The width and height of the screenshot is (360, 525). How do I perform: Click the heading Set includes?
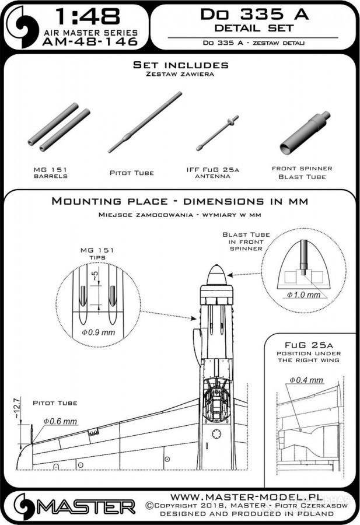(180, 65)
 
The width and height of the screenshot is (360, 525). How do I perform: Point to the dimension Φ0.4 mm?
(306, 380)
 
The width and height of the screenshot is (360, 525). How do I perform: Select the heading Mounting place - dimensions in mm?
(180, 201)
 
